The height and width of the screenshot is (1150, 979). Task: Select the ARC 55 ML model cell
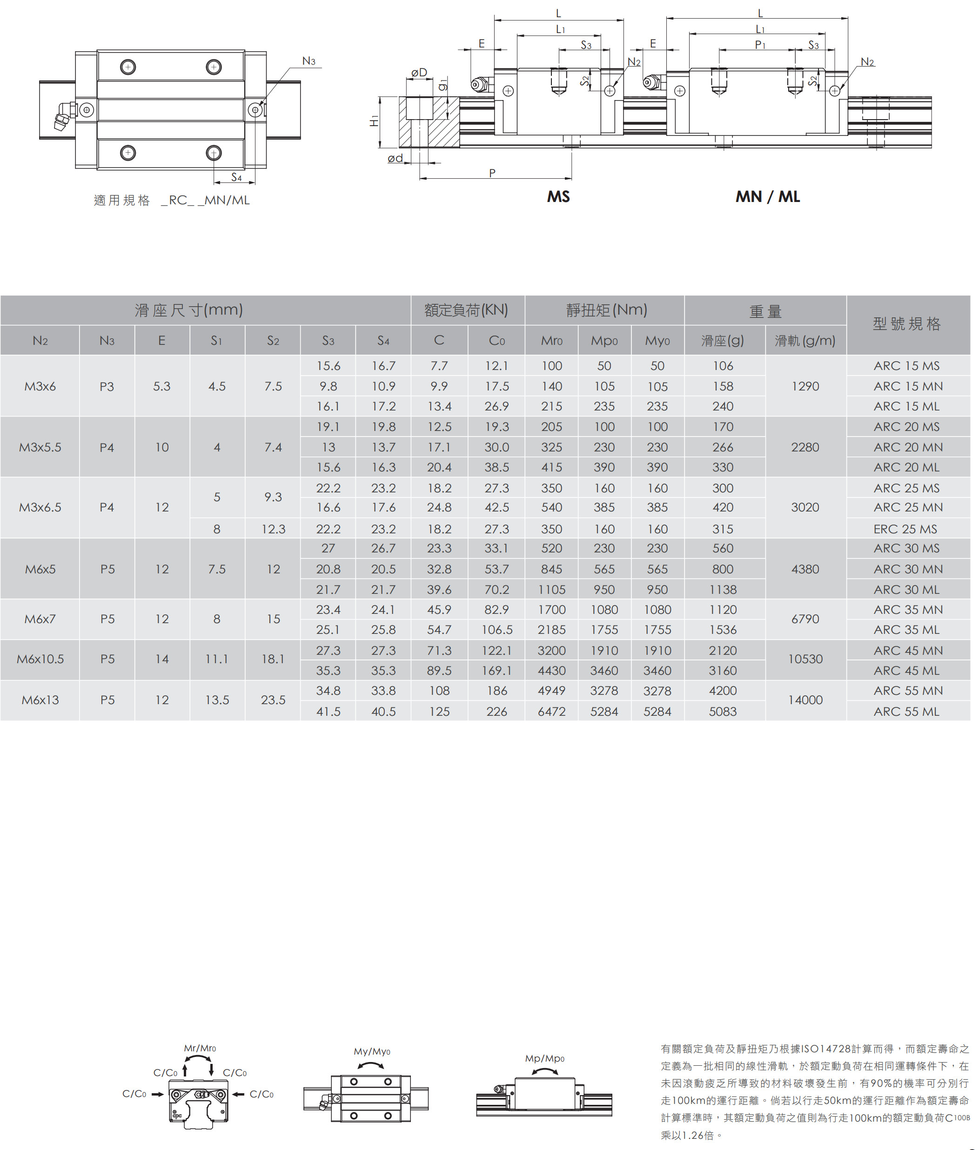click(x=906, y=712)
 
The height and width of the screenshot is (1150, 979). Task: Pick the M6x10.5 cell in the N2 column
click(x=40, y=659)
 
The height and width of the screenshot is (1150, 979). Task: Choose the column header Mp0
click(x=604, y=341)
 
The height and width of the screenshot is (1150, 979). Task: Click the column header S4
click(x=383, y=341)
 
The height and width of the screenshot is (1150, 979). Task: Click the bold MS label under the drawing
click(x=558, y=196)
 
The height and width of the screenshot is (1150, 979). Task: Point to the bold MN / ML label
click(x=768, y=196)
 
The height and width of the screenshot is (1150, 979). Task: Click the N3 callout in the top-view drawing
click(x=308, y=61)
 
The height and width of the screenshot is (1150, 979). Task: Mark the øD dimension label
click(x=419, y=73)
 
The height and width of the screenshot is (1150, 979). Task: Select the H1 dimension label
click(x=374, y=121)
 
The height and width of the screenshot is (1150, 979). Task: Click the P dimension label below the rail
click(x=492, y=173)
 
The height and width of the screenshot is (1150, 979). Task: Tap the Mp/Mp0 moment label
click(x=544, y=1058)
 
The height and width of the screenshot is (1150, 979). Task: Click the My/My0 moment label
click(x=372, y=1051)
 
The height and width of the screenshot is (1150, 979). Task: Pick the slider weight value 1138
click(x=723, y=590)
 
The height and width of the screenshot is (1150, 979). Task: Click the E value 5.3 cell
click(x=161, y=386)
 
